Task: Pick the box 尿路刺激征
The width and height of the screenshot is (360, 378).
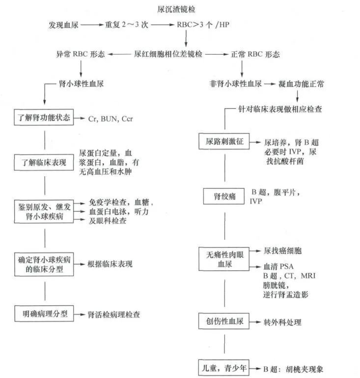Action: tap(224, 142)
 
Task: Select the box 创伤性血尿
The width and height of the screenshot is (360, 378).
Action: tap(224, 322)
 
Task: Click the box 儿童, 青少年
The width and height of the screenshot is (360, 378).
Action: tap(224, 368)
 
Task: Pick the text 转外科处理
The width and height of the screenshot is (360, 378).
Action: tap(282, 322)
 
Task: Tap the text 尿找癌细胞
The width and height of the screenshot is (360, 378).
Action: tap(282, 251)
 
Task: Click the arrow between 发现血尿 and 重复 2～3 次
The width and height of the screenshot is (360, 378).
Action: tap(92, 24)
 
